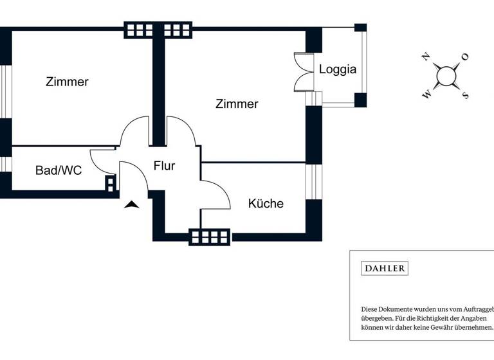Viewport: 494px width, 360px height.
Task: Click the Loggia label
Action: click(338, 69)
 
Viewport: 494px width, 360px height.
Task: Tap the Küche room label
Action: click(266, 204)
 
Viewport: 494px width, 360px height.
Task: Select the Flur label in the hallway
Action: click(164, 166)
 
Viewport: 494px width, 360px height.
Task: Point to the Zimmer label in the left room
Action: click(67, 82)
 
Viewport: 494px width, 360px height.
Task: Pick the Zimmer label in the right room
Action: click(237, 104)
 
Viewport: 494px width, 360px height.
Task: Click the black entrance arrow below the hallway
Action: click(132, 205)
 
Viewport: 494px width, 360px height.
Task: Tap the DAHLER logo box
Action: click(385, 268)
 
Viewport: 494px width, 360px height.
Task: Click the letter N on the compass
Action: click(425, 57)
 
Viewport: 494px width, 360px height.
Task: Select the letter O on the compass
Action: click(465, 57)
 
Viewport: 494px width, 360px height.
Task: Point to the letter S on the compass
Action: click(465, 96)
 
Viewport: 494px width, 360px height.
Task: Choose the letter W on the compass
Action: click(426, 95)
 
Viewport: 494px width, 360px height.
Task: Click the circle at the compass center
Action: click(446, 76)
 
